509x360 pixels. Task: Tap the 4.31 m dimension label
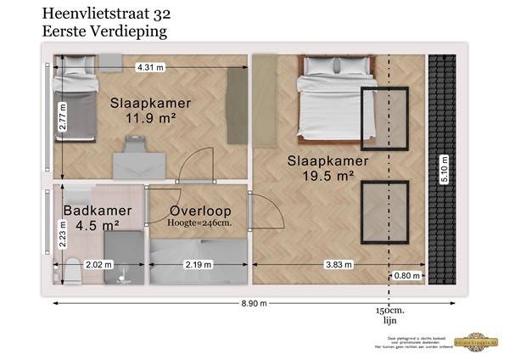pos(149,66)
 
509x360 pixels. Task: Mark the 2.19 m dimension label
pos(199,265)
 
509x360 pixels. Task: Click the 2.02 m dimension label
pos(98,265)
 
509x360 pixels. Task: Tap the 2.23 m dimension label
pos(63,231)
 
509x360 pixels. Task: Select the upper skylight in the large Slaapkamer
pos(380,118)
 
